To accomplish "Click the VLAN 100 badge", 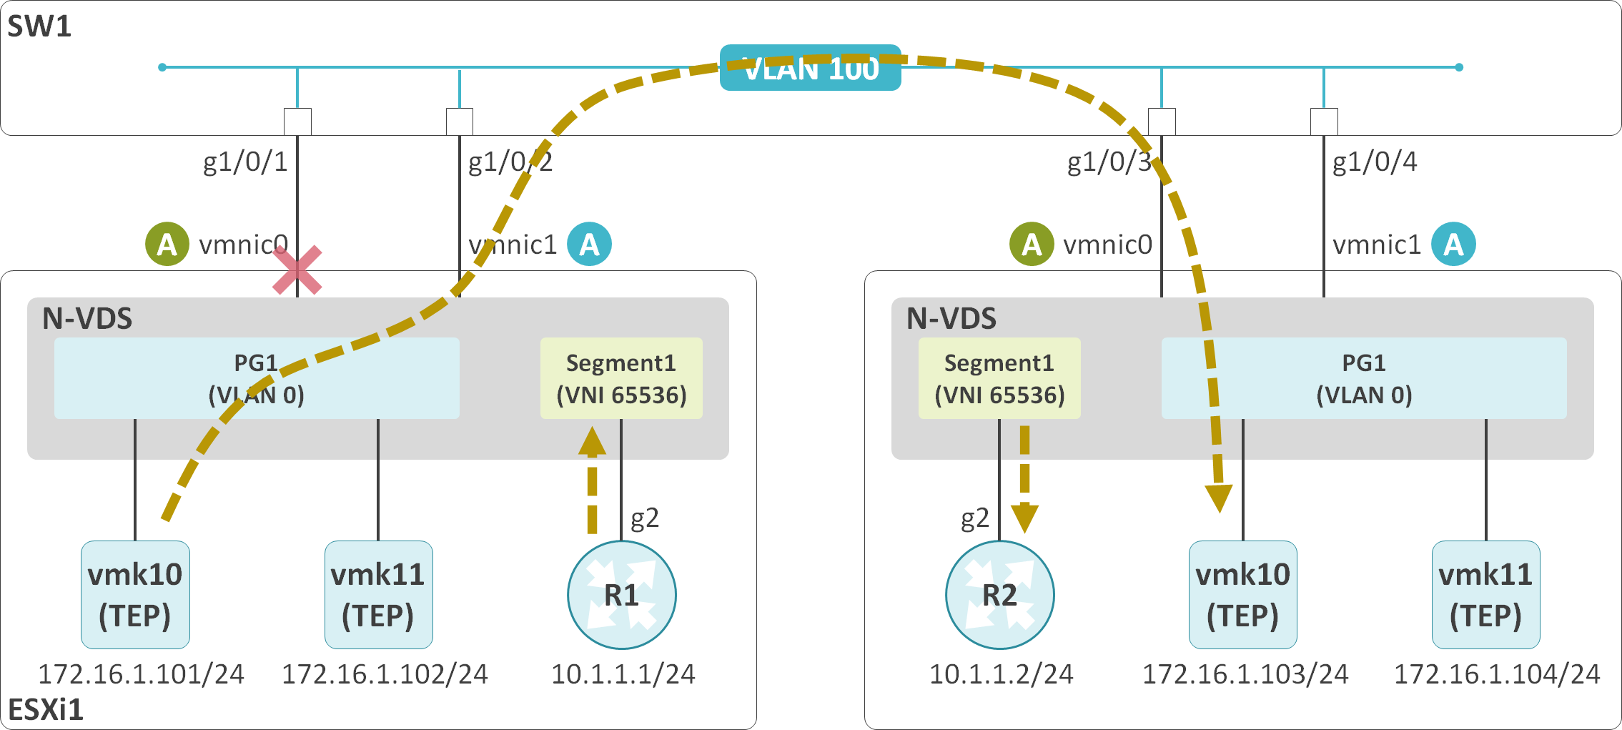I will (810, 68).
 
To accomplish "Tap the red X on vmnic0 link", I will (297, 271).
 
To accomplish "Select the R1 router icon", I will (621, 595).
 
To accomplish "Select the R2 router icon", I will (999, 595).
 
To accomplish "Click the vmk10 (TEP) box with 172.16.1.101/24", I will (135, 595).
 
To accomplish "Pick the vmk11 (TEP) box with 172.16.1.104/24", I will (1485, 595).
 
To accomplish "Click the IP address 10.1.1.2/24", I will (1001, 674).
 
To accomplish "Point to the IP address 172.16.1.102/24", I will (385, 674).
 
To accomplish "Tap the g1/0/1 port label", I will (245, 162).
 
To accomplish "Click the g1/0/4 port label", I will (1374, 162).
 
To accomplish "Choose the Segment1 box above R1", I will (621, 378).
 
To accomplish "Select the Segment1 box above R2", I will (999, 378).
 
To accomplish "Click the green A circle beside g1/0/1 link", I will (167, 245).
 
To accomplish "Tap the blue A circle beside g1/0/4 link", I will (1453, 245).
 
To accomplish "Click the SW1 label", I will (39, 26).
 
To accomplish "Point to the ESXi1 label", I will (46, 709).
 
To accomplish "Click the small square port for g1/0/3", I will (1161, 122).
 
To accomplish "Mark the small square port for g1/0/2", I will (459, 122).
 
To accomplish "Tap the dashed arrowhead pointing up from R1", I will (592, 441).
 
